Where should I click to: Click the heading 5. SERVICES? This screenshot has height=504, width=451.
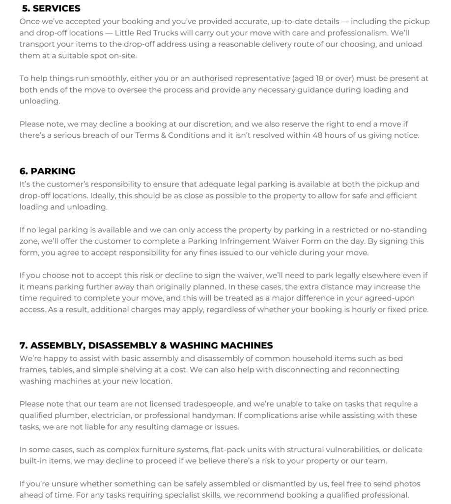51,8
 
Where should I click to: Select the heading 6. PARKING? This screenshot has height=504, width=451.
48,171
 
